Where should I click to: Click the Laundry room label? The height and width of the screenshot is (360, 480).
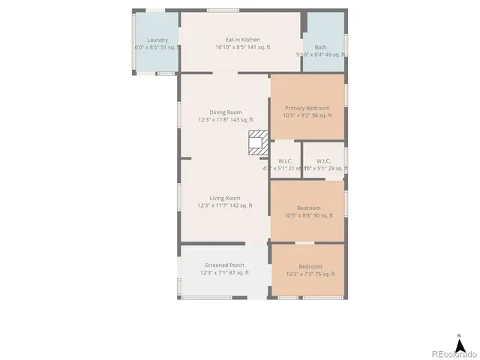157,40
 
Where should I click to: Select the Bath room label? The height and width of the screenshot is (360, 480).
320,46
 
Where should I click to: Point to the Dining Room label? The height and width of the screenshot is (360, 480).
225,112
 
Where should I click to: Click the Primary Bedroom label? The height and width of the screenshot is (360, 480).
307,108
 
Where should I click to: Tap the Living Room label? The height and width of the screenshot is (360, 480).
225,198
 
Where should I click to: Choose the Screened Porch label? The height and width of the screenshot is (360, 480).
225,265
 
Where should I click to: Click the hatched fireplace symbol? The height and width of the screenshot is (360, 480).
258,142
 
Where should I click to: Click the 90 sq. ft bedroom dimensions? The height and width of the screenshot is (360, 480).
308,215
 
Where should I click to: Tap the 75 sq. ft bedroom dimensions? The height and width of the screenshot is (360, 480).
310,274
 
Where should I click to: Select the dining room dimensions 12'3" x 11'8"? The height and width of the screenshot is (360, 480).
225,119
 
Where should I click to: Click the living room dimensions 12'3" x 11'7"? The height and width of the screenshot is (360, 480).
225,205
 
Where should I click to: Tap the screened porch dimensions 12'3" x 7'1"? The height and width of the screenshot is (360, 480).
225,272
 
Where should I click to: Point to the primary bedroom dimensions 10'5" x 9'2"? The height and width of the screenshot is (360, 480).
307,115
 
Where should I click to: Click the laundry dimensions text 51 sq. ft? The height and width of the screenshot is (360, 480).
157,46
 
